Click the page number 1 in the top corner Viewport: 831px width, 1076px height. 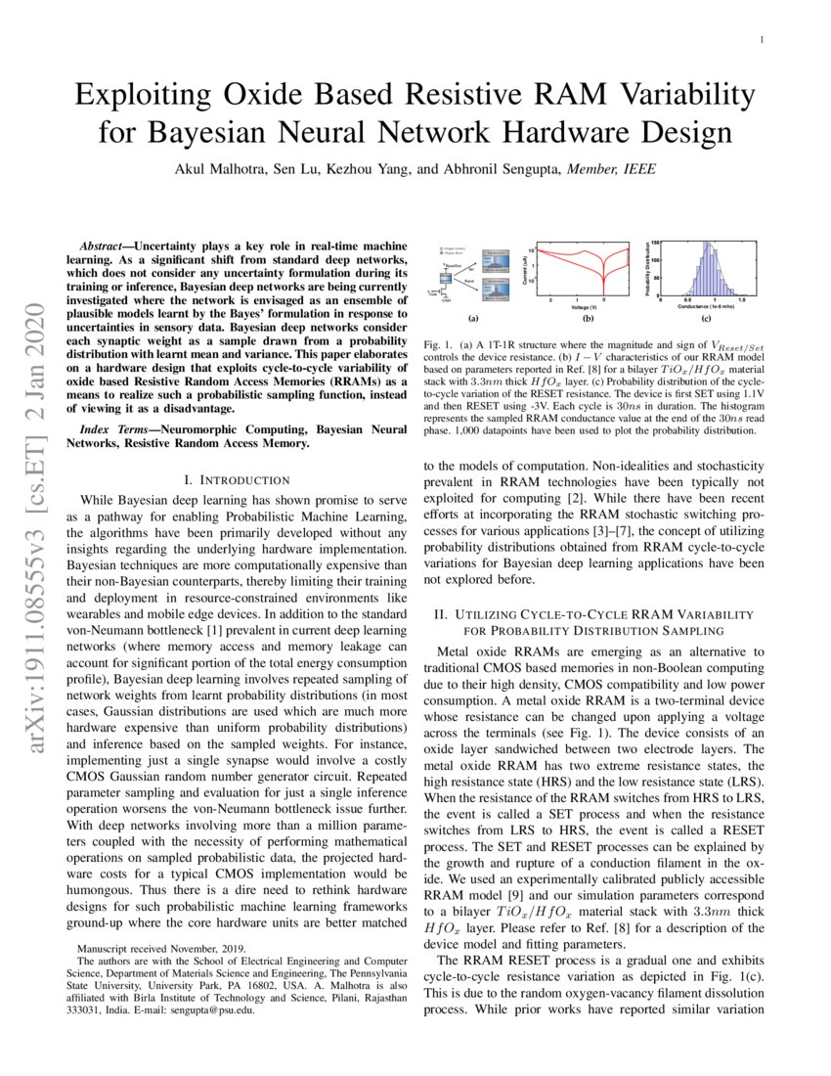[x=760, y=40]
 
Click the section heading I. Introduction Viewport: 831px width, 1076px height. [x=238, y=479]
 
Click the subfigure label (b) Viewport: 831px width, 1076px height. [x=589, y=319]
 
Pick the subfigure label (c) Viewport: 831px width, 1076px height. [x=705, y=319]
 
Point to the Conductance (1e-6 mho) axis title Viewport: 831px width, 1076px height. [x=706, y=307]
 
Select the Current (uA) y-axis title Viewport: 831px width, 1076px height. [x=524, y=270]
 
